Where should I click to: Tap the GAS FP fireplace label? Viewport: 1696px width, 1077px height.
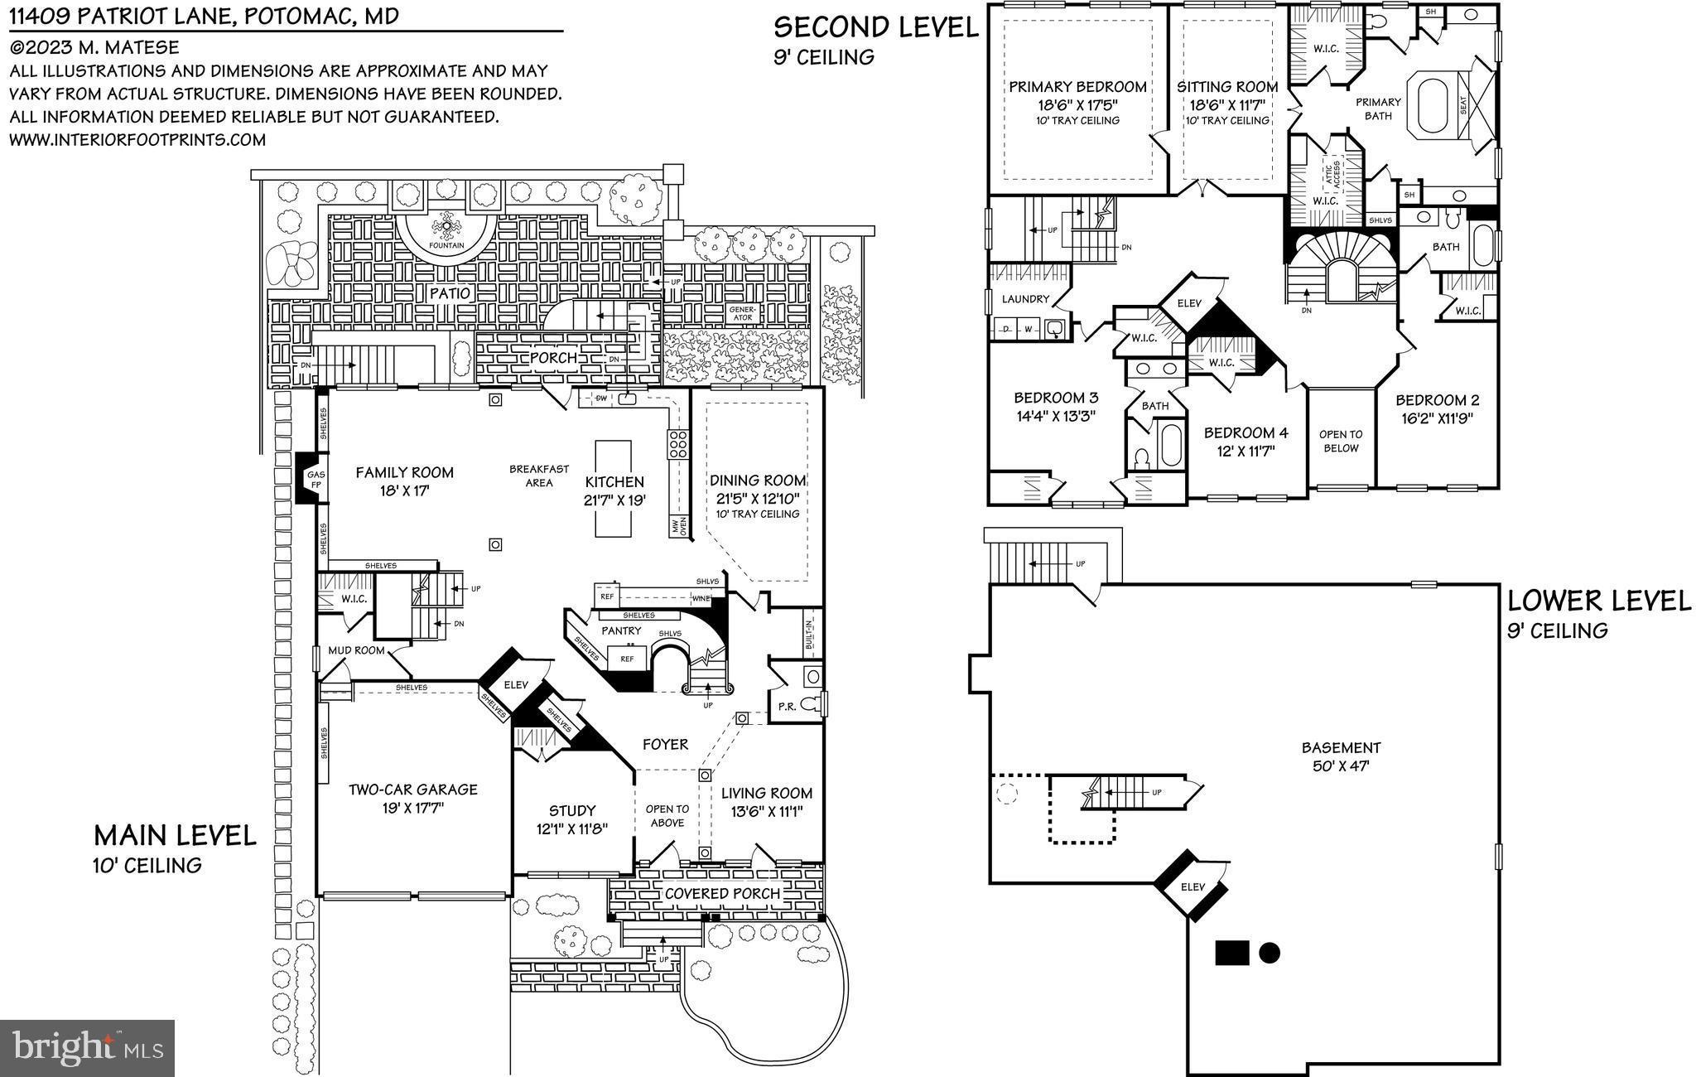pos(316,480)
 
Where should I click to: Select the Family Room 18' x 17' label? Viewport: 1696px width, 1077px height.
pos(404,481)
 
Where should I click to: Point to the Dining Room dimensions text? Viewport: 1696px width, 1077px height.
pos(758,498)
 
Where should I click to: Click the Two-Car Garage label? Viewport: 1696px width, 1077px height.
pos(412,797)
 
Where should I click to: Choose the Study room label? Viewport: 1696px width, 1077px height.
pos(572,819)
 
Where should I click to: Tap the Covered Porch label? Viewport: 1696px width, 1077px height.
pos(722,893)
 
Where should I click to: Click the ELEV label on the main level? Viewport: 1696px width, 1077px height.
pos(516,685)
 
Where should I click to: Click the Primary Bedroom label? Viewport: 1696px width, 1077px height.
pos(1077,95)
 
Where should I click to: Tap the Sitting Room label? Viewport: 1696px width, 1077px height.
pos(1227,95)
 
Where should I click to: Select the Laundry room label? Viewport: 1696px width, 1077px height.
pos(1025,299)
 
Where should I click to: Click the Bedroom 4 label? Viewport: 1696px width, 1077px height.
pos(1245,441)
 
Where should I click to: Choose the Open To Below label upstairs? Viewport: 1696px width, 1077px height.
pos(1341,441)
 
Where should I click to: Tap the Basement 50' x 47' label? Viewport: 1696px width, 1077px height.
pos(1341,756)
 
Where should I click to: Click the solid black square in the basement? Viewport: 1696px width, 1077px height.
pos(1231,953)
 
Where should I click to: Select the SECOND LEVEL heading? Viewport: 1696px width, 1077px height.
pos(875,27)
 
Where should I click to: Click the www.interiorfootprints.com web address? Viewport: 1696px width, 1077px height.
pos(137,140)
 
